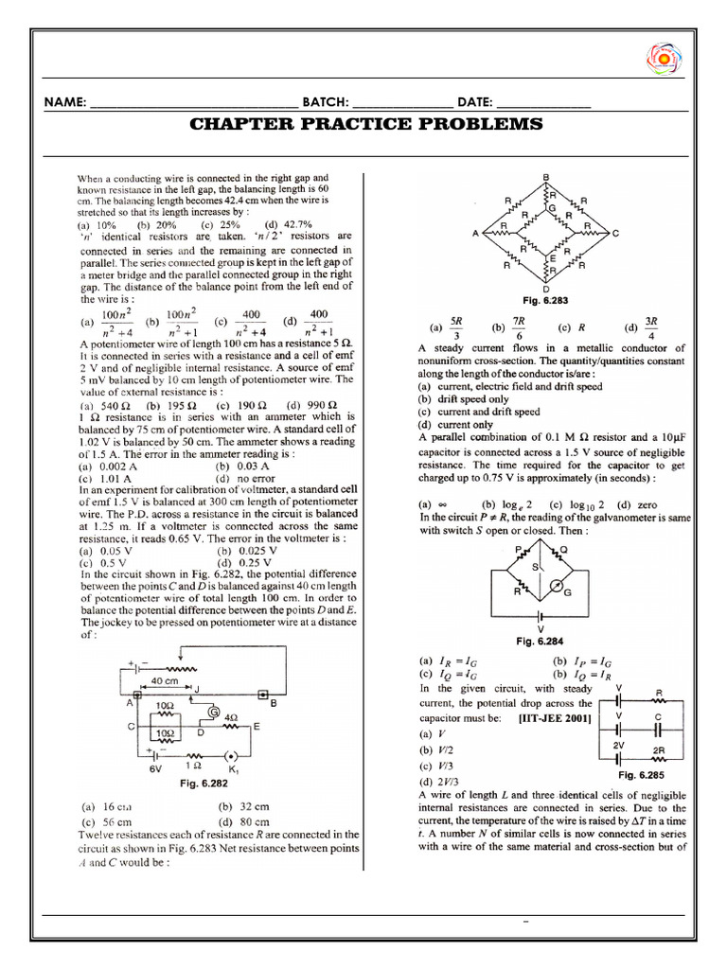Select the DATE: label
(x=474, y=102)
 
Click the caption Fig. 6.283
(x=547, y=300)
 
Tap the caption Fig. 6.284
(x=539, y=641)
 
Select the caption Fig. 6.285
(x=644, y=774)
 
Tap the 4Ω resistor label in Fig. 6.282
(x=232, y=716)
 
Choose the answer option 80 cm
(x=252, y=822)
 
